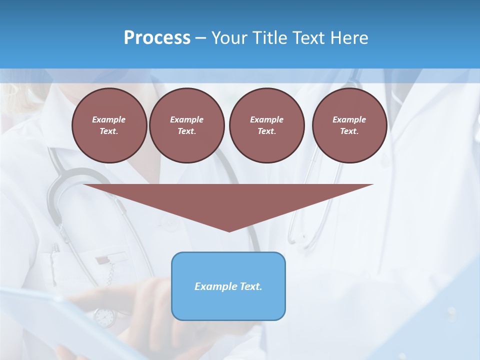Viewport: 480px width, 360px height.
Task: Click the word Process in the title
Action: [x=157, y=38]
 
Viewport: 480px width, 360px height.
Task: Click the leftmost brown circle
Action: [x=109, y=125]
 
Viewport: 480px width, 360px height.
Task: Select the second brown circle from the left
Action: [x=186, y=125]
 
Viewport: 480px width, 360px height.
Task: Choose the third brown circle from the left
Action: [x=266, y=125]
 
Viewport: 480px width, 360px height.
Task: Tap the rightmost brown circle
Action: [x=349, y=125]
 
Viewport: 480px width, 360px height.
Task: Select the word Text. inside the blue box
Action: [x=250, y=286]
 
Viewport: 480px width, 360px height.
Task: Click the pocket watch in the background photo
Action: [x=104, y=317]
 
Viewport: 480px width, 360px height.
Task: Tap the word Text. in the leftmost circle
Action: [x=109, y=131]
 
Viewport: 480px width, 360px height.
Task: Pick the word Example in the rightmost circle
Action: [x=349, y=119]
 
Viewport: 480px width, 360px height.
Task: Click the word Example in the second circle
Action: [x=186, y=119]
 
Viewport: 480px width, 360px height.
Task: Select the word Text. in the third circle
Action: [x=266, y=131]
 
